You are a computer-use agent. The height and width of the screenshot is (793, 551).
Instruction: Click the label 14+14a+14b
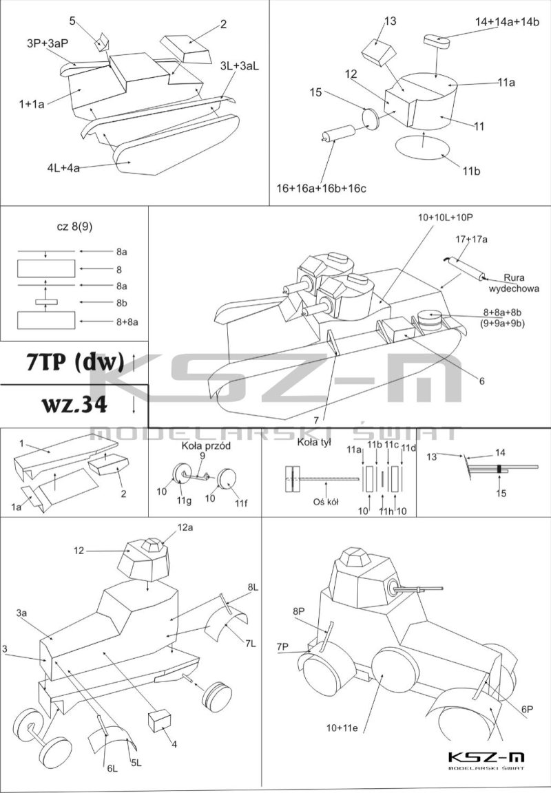[507, 22]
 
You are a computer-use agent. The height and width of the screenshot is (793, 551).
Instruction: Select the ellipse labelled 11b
[420, 148]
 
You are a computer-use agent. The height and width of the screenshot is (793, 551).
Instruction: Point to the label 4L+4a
[64, 167]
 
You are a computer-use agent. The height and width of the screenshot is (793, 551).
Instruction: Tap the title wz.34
[67, 405]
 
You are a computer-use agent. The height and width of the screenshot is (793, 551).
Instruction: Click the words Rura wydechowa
[521, 284]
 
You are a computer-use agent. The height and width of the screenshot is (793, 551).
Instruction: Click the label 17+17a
[471, 239]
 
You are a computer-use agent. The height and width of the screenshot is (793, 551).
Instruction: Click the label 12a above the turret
[185, 527]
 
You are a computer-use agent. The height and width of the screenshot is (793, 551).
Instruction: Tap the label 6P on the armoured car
[528, 708]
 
